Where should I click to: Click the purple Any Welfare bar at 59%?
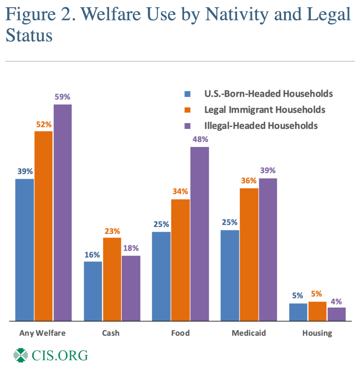pos(63,213)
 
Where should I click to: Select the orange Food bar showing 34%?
pos(180,260)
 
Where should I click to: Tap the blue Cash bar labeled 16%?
pos(93,291)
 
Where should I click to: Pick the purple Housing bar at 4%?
pos(337,314)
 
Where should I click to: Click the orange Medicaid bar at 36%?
pos(249,254)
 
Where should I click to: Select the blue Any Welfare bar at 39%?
pos(25,250)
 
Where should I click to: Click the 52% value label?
pos(44,124)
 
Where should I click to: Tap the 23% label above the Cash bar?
pos(112,231)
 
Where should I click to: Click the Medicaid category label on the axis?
pos(249,333)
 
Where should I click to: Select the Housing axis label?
pos(317,333)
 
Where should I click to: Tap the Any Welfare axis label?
pos(43,333)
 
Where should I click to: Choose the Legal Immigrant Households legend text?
pos(265,109)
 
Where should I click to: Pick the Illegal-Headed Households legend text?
pos(261,125)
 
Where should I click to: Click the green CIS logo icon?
pos(21,355)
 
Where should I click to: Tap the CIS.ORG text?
pos(60,355)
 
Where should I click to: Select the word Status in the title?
pos(29,36)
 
